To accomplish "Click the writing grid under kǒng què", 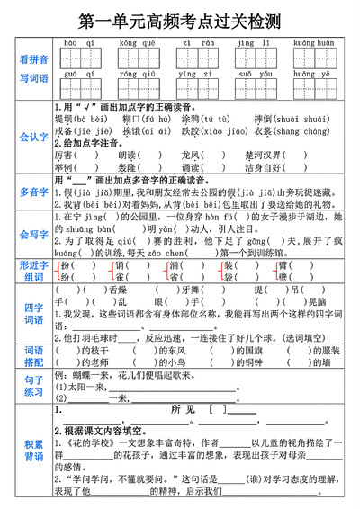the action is pyautogui.click(x=135, y=58).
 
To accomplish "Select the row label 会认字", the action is pyautogui.click(x=34, y=138).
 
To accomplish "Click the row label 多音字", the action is pyautogui.click(x=34, y=192).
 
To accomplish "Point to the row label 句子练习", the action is pyautogui.click(x=34, y=386).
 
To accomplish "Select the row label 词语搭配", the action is pyautogui.click(x=34, y=355).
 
